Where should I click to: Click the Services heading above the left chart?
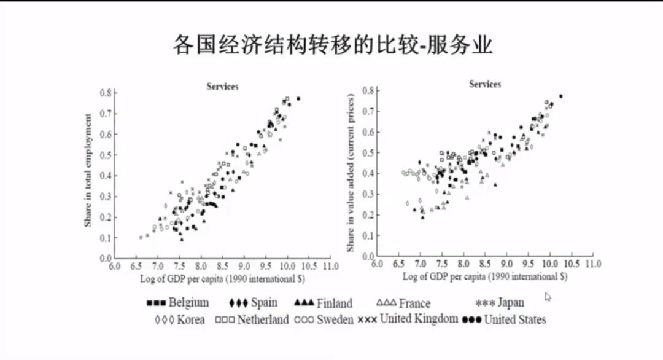[x=222, y=87]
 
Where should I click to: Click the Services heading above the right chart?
[x=485, y=84]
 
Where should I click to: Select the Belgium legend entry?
[x=178, y=303]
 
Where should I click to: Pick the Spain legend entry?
[x=253, y=303]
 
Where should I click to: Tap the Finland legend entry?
[x=324, y=303]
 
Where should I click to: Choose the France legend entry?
[x=403, y=303]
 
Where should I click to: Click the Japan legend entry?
[x=500, y=303]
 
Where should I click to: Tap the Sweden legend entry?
[x=324, y=319]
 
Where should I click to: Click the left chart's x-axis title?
[x=222, y=278]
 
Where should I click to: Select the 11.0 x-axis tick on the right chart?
[x=593, y=264]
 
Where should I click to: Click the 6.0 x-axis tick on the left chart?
[x=114, y=267]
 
